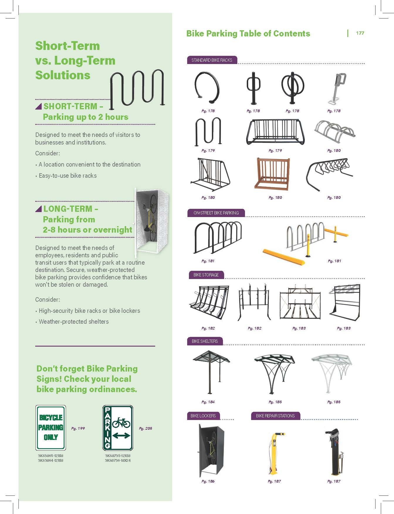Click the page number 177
click(x=360, y=33)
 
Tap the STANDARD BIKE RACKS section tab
click(x=212, y=60)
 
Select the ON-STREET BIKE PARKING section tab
click(x=216, y=213)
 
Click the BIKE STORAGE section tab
click(x=206, y=275)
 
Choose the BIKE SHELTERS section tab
click(x=205, y=341)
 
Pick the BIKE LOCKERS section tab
click(x=203, y=416)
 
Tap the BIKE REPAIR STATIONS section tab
click(x=275, y=416)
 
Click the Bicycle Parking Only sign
click(x=51, y=428)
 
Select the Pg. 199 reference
click(x=78, y=429)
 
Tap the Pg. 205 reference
click(x=146, y=429)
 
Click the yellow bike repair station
click(x=274, y=453)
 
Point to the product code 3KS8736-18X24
click(x=118, y=461)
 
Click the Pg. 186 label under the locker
click(x=208, y=481)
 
